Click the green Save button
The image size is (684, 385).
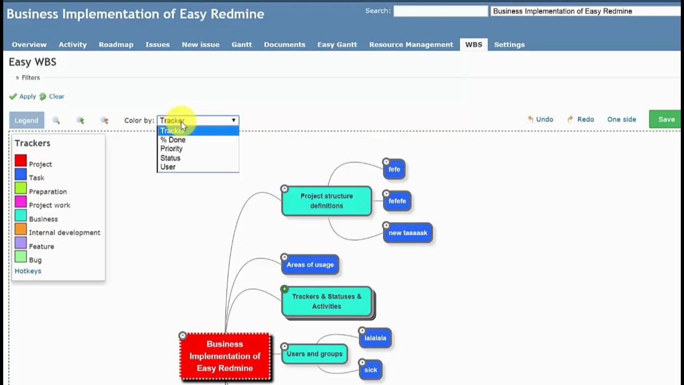tap(666, 119)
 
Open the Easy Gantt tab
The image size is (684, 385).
tap(337, 44)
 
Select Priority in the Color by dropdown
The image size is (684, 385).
tap(172, 149)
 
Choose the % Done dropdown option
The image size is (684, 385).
tap(173, 140)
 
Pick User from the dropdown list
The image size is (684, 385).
tap(168, 167)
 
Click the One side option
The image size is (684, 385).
tap(621, 119)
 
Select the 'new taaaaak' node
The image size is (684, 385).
tap(408, 233)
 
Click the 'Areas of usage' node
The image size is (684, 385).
tap(310, 265)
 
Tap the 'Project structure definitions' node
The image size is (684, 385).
tap(327, 201)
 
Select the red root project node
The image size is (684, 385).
tap(225, 356)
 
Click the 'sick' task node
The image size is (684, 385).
tap(370, 370)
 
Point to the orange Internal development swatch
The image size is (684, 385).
tap(21, 229)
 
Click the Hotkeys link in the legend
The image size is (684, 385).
tap(28, 271)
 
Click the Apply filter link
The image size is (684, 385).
tap(27, 96)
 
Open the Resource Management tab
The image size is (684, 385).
tap(411, 44)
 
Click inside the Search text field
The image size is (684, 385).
tap(440, 11)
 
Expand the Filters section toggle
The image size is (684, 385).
tap(18, 78)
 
